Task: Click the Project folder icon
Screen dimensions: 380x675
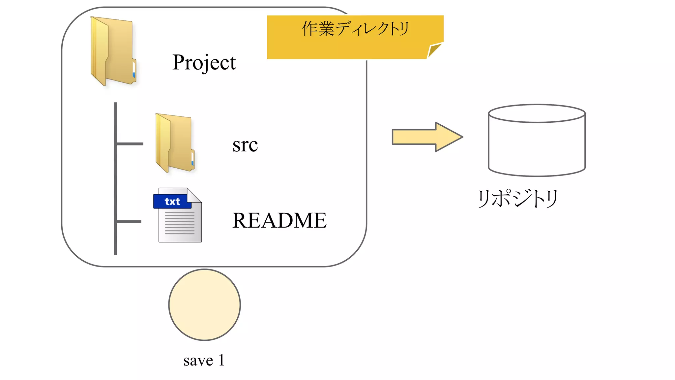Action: (x=113, y=51)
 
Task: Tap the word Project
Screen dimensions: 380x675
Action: (x=204, y=62)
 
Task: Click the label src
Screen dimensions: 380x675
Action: (x=245, y=145)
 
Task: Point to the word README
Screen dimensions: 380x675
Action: (x=279, y=220)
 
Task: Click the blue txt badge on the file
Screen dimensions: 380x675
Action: (x=172, y=201)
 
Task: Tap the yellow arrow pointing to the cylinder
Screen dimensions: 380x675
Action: (x=422, y=137)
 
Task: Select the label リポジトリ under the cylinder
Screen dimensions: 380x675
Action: (x=517, y=198)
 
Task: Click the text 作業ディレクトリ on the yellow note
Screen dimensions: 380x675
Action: (x=355, y=29)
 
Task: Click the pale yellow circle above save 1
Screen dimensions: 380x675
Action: (x=204, y=305)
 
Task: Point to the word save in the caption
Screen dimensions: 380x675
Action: (x=198, y=360)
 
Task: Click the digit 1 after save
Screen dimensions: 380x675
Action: (x=221, y=360)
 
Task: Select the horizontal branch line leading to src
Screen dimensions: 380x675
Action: (x=130, y=144)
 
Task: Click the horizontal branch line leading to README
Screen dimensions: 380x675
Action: (x=129, y=222)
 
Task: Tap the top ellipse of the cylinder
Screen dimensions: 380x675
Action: (x=537, y=113)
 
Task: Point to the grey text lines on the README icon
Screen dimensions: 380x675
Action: (x=180, y=223)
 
